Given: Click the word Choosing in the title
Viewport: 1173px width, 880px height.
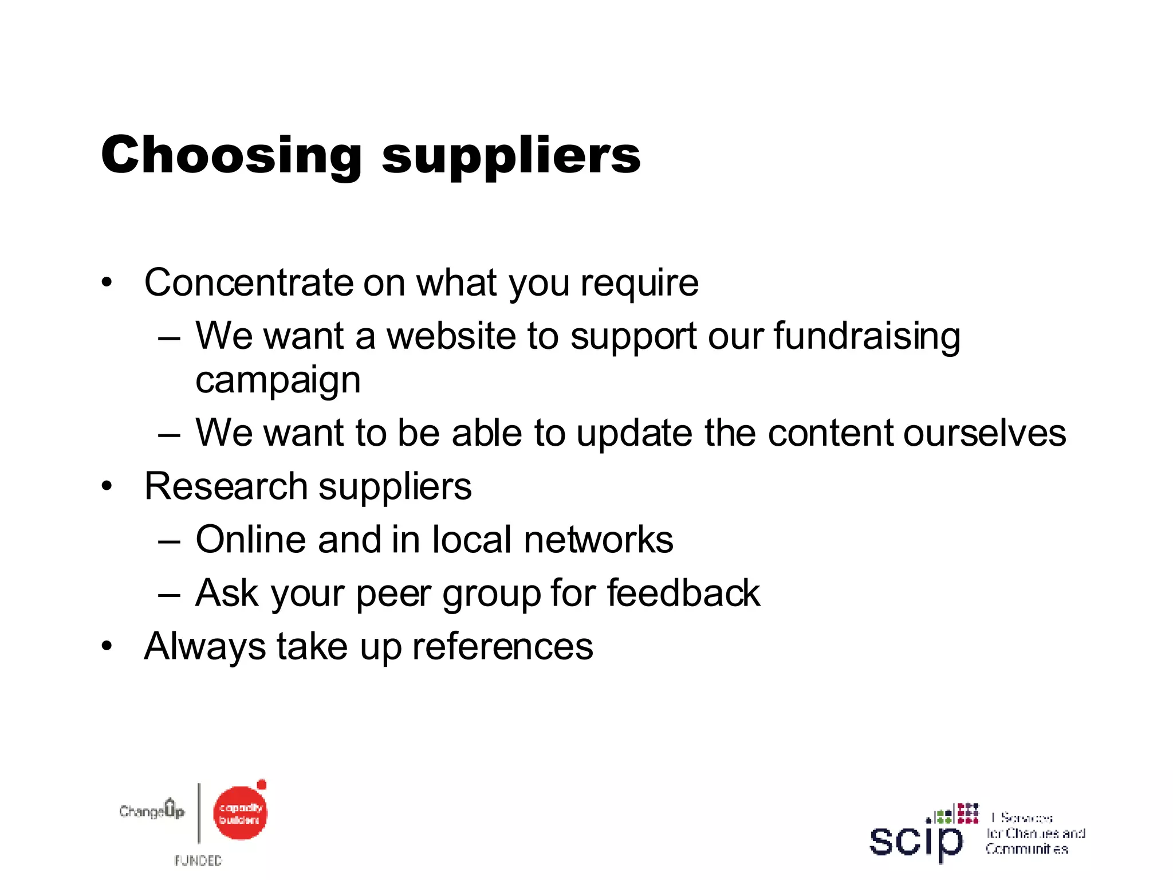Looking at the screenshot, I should coord(231,155).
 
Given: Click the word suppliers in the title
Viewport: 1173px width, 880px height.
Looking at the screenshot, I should coord(511,156).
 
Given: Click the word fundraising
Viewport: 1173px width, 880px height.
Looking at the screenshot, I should coord(867,336).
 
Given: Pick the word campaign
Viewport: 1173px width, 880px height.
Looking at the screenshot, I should coord(278,380).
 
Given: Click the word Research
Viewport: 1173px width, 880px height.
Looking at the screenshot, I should coord(226,486).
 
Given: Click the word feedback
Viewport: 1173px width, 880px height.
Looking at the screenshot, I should coord(683,592).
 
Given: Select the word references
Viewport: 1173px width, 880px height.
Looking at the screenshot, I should coord(502,646).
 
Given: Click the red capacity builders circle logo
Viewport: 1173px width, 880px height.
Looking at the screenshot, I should coord(240,812).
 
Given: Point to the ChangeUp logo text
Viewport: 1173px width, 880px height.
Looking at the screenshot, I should coord(152,810).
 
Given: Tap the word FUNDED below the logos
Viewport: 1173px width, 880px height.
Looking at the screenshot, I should coord(198,860).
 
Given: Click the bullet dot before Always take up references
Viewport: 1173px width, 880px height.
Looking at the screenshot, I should coord(107,646).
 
